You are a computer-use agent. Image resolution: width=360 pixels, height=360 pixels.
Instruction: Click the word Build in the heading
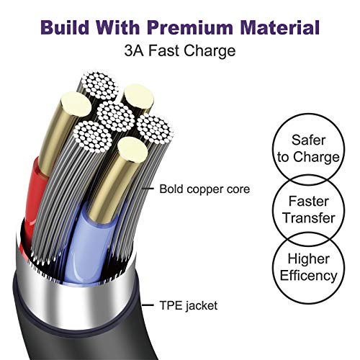click(x=65, y=27)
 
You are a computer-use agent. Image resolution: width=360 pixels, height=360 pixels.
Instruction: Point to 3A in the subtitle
click(x=134, y=50)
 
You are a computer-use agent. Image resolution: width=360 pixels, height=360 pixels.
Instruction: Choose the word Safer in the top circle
click(x=308, y=140)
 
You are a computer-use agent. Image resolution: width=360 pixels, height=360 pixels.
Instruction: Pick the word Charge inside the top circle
click(x=316, y=158)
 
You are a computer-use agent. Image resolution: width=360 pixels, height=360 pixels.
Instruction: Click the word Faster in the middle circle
click(x=308, y=201)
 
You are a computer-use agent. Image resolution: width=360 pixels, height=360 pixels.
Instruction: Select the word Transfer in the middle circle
click(x=309, y=218)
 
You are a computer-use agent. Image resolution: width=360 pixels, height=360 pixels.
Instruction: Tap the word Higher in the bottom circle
click(x=309, y=258)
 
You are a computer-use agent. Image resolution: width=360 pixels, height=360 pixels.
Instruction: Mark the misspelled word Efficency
click(x=309, y=276)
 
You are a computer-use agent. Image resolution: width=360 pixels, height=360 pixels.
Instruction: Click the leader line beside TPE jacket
click(x=148, y=305)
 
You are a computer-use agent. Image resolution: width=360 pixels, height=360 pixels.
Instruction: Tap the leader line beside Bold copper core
click(x=148, y=189)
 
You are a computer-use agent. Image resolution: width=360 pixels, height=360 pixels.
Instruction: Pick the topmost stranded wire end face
click(x=99, y=86)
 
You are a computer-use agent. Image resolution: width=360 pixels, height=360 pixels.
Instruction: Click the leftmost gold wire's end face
click(x=76, y=104)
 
